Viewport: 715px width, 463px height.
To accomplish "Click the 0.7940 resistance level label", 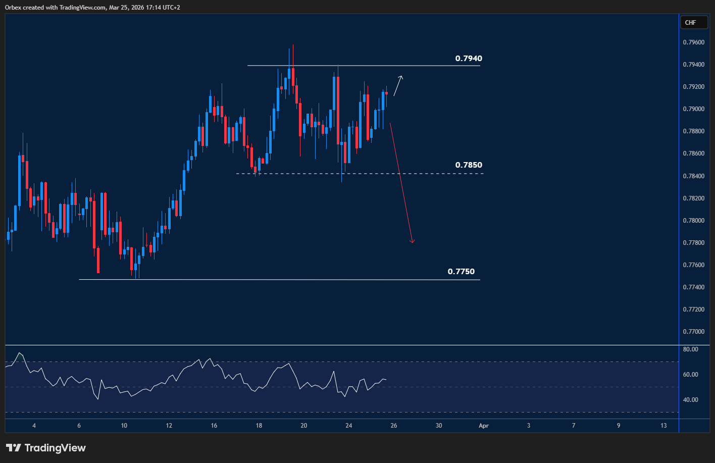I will (468, 59).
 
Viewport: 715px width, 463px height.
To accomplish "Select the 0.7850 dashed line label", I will (468, 165).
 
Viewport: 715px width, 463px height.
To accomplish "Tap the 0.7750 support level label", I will (461, 272).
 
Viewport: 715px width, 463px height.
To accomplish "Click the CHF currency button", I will (690, 22).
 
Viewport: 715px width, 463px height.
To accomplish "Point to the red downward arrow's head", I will (412, 241).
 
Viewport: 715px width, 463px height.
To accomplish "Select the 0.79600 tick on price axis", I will (694, 42).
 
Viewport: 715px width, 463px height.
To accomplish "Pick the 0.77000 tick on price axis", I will (694, 332).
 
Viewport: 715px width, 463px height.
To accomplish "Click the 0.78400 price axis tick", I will (694, 176).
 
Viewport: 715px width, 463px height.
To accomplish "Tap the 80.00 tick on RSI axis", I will (690, 349).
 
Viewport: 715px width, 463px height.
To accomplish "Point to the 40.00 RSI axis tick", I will (690, 400).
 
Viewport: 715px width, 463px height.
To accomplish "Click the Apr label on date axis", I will (483, 426).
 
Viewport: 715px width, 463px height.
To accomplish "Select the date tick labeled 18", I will (259, 426).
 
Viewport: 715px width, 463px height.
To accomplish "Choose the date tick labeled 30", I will (438, 426).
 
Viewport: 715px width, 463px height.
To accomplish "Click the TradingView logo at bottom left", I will (46, 448).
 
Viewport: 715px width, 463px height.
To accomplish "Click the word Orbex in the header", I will (13, 7).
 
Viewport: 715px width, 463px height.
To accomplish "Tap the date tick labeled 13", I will (663, 426).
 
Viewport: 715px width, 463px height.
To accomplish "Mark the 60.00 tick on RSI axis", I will (690, 375).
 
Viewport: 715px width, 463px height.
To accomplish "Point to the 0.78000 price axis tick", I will (694, 221).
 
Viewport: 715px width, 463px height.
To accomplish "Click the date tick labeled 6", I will (79, 426).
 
